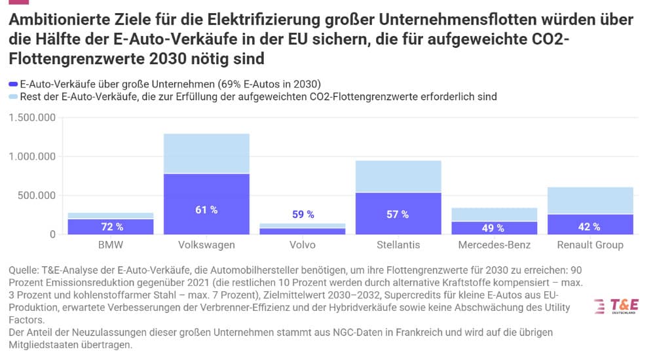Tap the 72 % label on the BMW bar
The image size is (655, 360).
pyautogui.click(x=111, y=227)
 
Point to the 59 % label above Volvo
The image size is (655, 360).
pyautogui.click(x=303, y=214)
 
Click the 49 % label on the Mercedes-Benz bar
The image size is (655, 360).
pyautogui.click(x=493, y=228)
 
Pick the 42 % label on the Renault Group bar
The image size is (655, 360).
pyautogui.click(x=589, y=227)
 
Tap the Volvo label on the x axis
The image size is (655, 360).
pyautogui.click(x=303, y=245)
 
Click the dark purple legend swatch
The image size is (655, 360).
pyautogui.click(x=13, y=84)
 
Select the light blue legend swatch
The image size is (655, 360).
pyautogui.click(x=13, y=97)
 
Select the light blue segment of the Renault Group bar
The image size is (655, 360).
pyautogui.click(x=589, y=200)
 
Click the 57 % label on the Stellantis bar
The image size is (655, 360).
pyautogui.click(x=399, y=214)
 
